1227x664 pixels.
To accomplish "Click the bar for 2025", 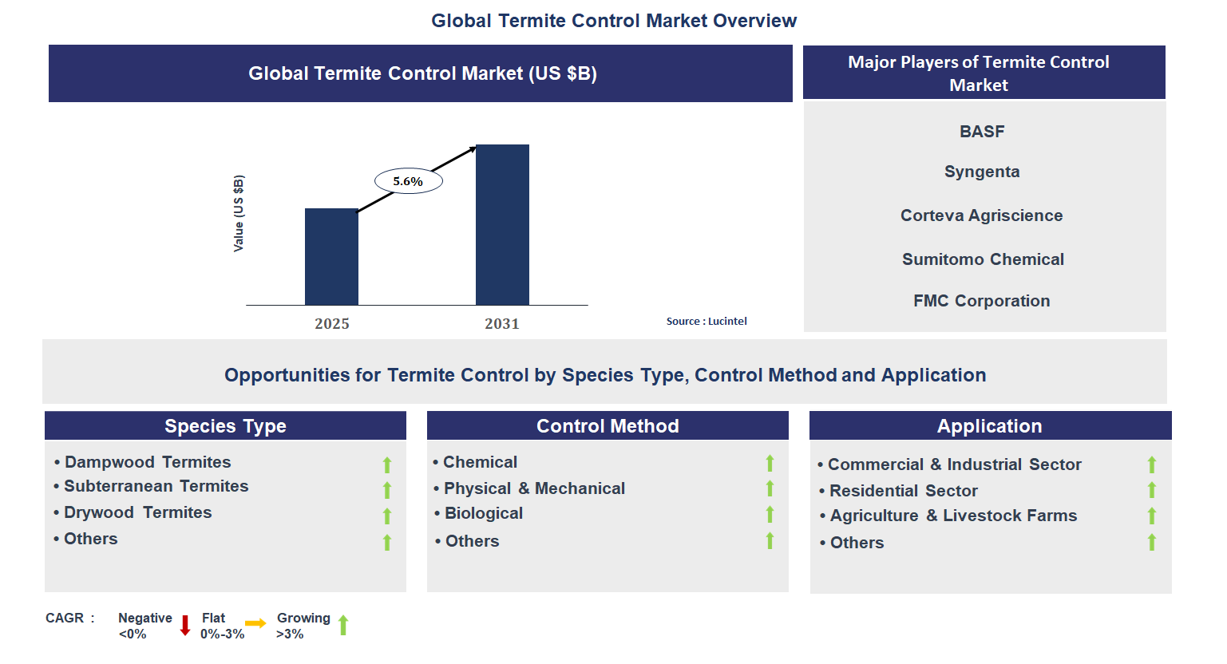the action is [331, 256].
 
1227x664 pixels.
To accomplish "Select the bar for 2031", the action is [502, 224].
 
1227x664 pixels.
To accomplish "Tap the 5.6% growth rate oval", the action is [408, 181].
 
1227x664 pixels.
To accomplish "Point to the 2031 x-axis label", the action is [501, 323].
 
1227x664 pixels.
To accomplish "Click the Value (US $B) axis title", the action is [238, 213].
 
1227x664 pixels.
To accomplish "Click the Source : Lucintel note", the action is [707, 321].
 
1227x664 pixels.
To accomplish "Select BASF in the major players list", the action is [981, 132].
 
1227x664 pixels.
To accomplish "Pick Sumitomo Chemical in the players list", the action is [983, 259].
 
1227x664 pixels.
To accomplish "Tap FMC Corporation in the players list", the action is [981, 301].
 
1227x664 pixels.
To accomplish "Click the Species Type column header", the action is [225, 425].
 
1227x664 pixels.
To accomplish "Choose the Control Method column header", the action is [608, 425].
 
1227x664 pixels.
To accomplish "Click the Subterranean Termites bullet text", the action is [156, 486].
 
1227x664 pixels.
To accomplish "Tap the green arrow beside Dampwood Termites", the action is [387, 464].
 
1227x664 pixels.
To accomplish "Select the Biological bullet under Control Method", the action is [483, 513].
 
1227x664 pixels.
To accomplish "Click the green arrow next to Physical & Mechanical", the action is [770, 488].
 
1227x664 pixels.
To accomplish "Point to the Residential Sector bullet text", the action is [903, 491].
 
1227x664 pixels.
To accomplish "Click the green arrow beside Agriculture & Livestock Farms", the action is [1151, 516].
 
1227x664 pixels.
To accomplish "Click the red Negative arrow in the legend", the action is [185, 625].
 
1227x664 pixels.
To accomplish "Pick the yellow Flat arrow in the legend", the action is [255, 623].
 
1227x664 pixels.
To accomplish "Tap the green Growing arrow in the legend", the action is [343, 625].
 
